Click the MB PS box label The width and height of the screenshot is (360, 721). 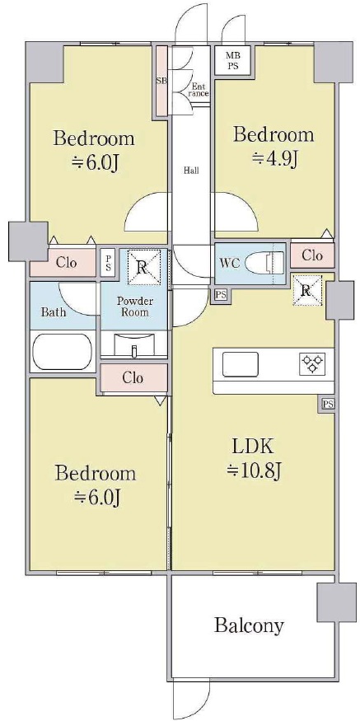232,61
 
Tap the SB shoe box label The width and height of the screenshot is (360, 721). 161,81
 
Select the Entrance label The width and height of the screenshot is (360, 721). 199,89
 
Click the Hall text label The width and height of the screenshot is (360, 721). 191,171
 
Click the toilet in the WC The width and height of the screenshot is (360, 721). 266,264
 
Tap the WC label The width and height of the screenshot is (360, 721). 228,265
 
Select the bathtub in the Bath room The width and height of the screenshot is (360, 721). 62,351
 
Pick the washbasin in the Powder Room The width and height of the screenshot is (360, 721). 133,344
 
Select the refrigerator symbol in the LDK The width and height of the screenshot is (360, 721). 306,290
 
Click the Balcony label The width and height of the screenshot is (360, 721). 249,625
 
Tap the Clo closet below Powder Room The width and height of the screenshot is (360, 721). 133,378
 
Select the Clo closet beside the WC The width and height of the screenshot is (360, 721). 312,255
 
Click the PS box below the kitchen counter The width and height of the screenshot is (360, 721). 328,405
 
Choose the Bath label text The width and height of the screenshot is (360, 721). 54,312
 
